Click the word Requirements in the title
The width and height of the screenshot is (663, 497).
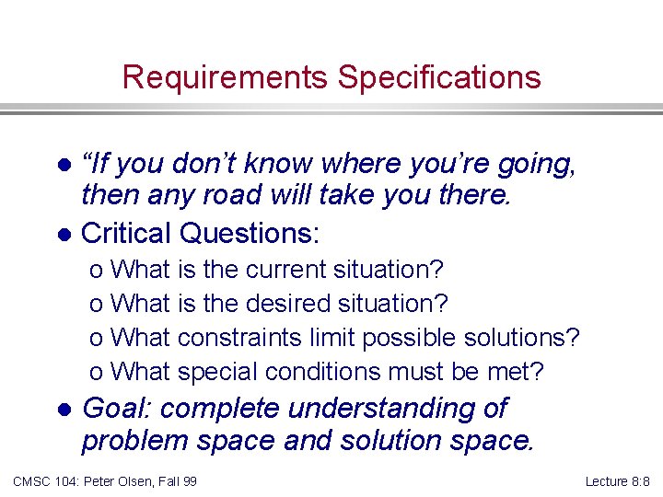(226, 77)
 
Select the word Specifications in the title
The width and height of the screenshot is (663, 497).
(439, 77)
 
